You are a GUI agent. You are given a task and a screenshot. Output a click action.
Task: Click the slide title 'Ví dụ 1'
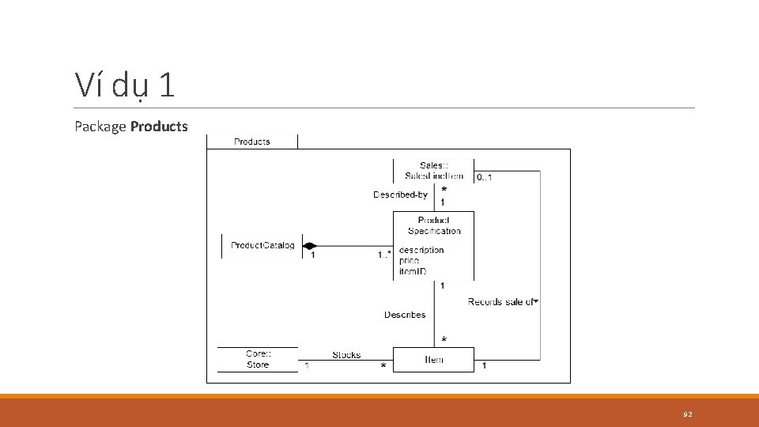point(124,85)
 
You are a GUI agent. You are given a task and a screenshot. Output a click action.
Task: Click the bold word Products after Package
point(159,126)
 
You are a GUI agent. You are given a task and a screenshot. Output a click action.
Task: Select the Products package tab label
point(252,142)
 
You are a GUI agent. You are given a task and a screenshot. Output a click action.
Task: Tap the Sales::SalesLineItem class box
point(433,170)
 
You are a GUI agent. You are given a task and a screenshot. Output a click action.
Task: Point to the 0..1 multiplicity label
point(485,177)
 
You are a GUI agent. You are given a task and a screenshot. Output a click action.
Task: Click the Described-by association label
point(400,195)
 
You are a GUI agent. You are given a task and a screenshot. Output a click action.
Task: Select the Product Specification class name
point(434,225)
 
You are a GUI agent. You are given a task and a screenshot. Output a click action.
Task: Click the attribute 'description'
point(421,250)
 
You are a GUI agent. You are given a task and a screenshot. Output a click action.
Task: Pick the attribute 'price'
point(410,260)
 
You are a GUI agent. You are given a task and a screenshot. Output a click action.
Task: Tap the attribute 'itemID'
point(413,271)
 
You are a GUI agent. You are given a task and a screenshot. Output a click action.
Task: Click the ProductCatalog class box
point(262,246)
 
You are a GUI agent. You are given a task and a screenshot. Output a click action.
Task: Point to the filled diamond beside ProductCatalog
point(309,246)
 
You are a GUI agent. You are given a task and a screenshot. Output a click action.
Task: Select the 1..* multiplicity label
point(384,255)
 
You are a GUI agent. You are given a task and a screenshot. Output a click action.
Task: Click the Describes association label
point(405,315)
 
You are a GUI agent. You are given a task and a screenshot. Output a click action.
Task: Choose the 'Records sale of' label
point(501,301)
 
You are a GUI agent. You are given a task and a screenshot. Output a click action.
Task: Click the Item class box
point(434,360)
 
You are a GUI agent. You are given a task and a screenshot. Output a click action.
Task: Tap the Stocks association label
point(346,355)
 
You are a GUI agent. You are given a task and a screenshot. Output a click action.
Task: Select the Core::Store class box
point(258,360)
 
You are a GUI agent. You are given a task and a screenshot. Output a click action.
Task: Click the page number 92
point(688,414)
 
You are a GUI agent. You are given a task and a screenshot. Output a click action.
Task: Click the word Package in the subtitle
point(100,126)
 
